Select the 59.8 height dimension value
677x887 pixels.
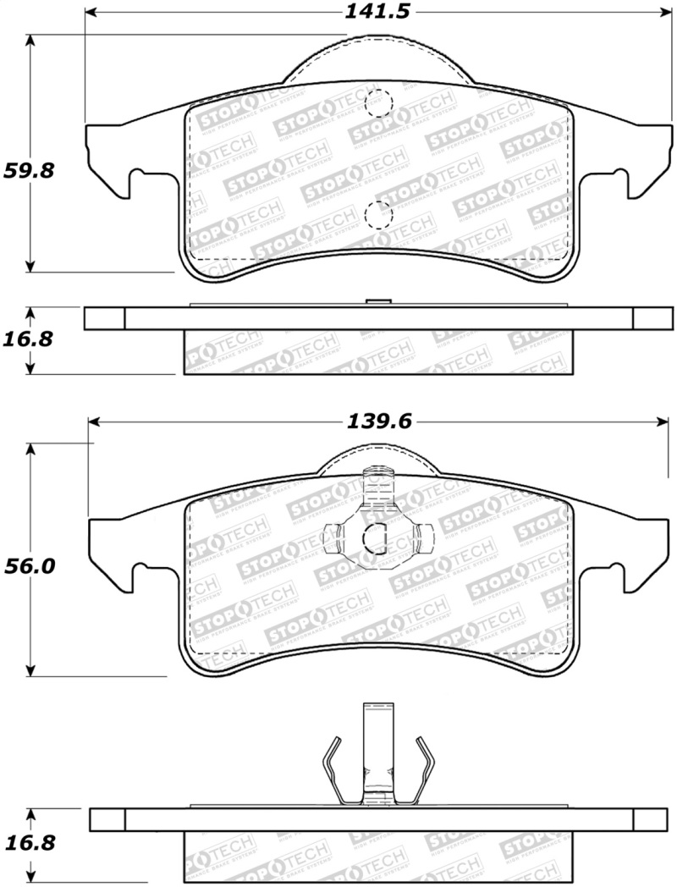[x=30, y=170]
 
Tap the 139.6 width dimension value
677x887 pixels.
[x=376, y=421]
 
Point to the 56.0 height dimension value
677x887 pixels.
[x=30, y=566]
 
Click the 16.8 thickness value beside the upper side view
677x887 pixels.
[x=30, y=339]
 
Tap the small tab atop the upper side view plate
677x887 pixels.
[x=377, y=302]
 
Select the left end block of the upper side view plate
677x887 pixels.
[x=104, y=317]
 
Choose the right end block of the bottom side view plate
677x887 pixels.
[x=650, y=819]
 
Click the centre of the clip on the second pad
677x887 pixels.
[x=375, y=535]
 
